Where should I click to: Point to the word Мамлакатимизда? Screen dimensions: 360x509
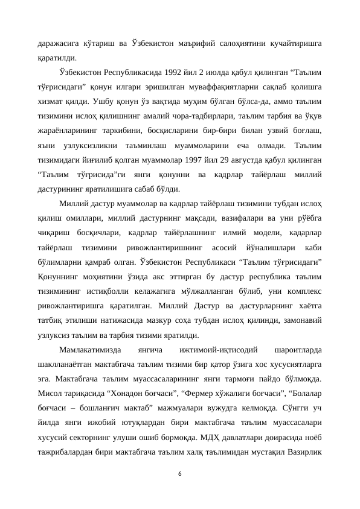tap(89, 349)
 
